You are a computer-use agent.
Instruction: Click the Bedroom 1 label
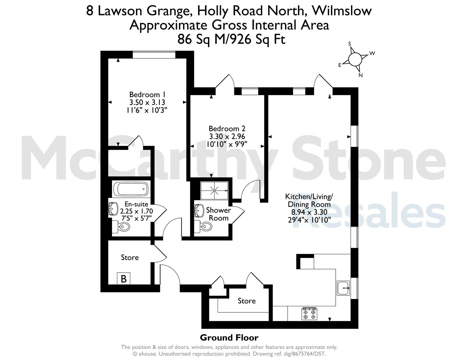point(147,95)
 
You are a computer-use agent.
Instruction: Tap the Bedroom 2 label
point(227,129)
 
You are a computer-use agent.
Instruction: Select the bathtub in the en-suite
point(131,189)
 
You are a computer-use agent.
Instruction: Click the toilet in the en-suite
point(121,226)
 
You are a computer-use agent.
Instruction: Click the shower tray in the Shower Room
point(214,190)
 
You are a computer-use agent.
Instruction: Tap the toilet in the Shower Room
point(203,226)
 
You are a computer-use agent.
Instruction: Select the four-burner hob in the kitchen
point(309,314)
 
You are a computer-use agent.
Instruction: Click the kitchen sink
point(343,288)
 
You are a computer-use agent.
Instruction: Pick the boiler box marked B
point(124,279)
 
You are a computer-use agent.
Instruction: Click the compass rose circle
point(355,59)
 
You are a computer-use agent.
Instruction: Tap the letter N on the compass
point(361,75)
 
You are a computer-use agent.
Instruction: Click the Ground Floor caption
point(229,338)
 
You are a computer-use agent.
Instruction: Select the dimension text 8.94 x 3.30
point(309,212)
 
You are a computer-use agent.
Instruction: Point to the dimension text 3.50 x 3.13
point(147,102)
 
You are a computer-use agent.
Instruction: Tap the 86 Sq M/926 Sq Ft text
point(231,39)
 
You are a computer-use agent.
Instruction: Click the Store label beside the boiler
point(130,257)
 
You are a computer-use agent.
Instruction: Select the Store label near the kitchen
point(247,301)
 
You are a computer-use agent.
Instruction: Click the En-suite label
point(136,204)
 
